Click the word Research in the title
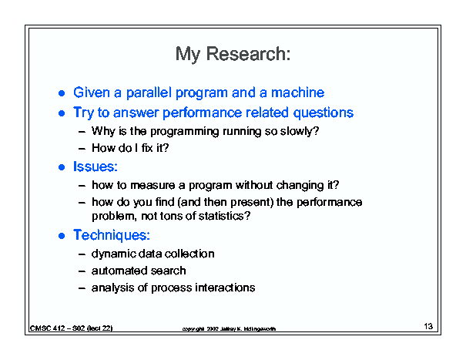[x=248, y=54]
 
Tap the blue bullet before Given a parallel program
[x=62, y=93]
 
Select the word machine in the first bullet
[x=297, y=93]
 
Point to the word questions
[x=323, y=113]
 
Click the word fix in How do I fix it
[x=147, y=148]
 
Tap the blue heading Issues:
[x=96, y=167]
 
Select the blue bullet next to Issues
[x=62, y=167]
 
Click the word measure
[x=153, y=185]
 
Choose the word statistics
[x=224, y=216]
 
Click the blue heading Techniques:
[x=112, y=235]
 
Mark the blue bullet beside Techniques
[x=62, y=236]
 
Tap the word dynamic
[x=113, y=254]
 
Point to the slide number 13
[x=428, y=326]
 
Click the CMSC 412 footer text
[x=72, y=328]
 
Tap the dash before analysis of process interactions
[x=82, y=288]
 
